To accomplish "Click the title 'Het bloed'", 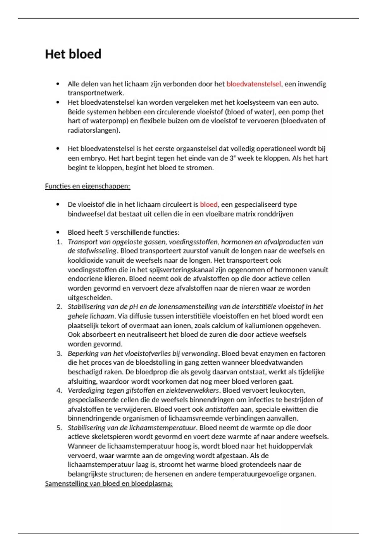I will pos(73,54).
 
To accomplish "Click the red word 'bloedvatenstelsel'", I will pos(254,84).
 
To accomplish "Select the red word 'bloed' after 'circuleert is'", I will pos(209,204).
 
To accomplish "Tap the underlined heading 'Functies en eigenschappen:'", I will pos(87,186).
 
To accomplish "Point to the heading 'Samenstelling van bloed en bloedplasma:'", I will pos(109,483).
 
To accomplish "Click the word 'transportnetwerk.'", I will pos(96,93).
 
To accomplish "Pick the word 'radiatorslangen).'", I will pos(94,130).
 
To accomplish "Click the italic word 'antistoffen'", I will pos(221,409).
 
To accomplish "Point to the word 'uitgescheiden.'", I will pos(90,297).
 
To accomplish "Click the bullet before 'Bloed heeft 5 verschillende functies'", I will pos(57,232).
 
